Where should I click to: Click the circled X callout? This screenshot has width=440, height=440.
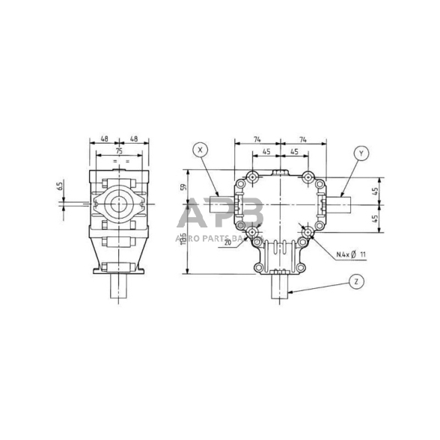point(200,150)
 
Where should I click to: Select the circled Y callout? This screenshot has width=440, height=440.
point(361,153)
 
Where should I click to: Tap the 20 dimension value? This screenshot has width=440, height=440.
point(227,242)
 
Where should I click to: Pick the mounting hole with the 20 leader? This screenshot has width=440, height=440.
point(254,233)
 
